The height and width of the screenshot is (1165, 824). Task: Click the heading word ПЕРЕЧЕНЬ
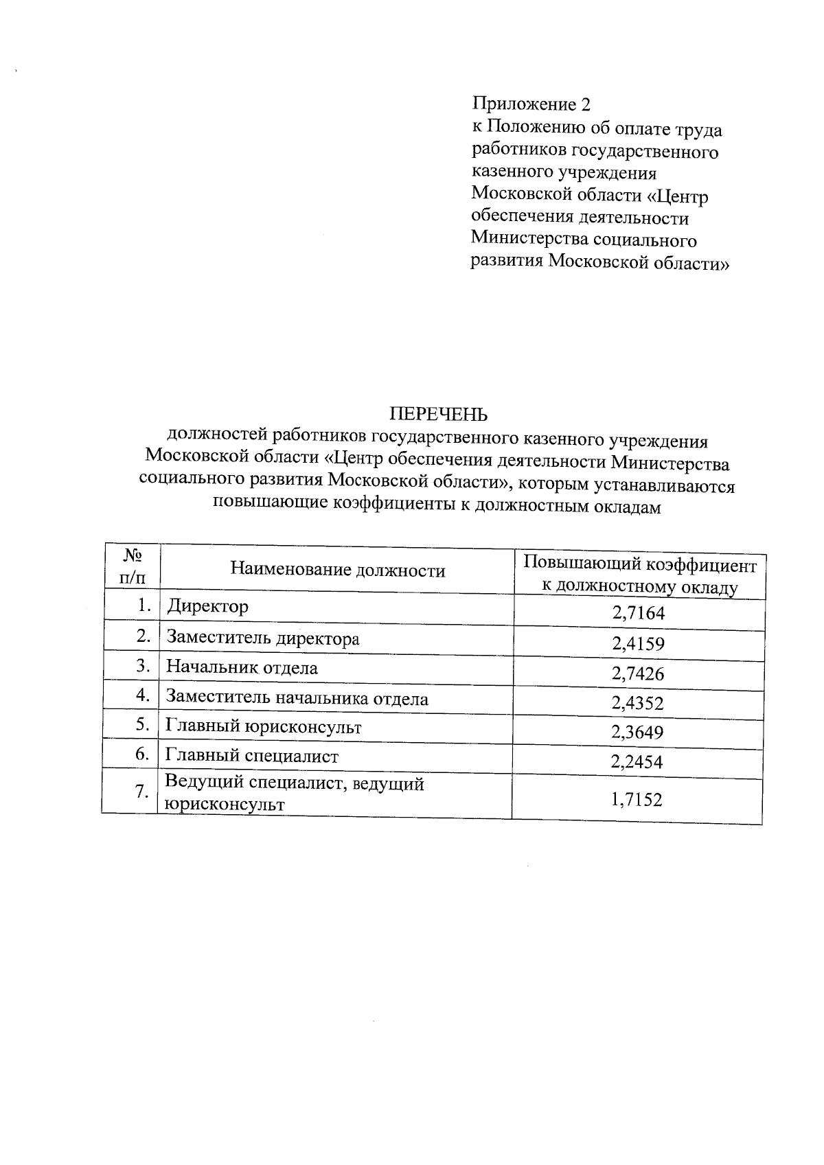pyautogui.click(x=439, y=414)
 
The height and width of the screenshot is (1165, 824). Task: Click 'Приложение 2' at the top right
pyautogui.click(x=531, y=104)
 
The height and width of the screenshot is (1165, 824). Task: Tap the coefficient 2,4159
pyautogui.click(x=638, y=644)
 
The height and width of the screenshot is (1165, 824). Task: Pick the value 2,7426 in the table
pyautogui.click(x=638, y=673)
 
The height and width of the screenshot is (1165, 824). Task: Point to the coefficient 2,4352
pyautogui.click(x=638, y=703)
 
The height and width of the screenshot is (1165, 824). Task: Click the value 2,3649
pyautogui.click(x=638, y=733)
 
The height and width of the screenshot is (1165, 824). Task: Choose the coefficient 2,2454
pyautogui.click(x=638, y=762)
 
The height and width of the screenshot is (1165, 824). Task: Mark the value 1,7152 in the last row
pyautogui.click(x=637, y=799)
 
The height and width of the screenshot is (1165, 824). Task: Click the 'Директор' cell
pyautogui.click(x=207, y=607)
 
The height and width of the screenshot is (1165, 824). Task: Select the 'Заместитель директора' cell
pyautogui.click(x=263, y=638)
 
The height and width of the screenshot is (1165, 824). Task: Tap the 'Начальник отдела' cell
pyautogui.click(x=242, y=667)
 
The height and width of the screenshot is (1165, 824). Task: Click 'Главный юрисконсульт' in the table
pyautogui.click(x=264, y=727)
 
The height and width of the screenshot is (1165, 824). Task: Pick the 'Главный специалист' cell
pyautogui.click(x=252, y=757)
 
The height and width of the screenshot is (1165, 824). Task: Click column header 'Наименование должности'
pyautogui.click(x=337, y=570)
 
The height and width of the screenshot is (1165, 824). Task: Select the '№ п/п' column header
pyautogui.click(x=133, y=565)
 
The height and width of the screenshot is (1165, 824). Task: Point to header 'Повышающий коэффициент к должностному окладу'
pyautogui.click(x=639, y=575)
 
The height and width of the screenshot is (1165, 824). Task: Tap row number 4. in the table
pyautogui.click(x=143, y=695)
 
